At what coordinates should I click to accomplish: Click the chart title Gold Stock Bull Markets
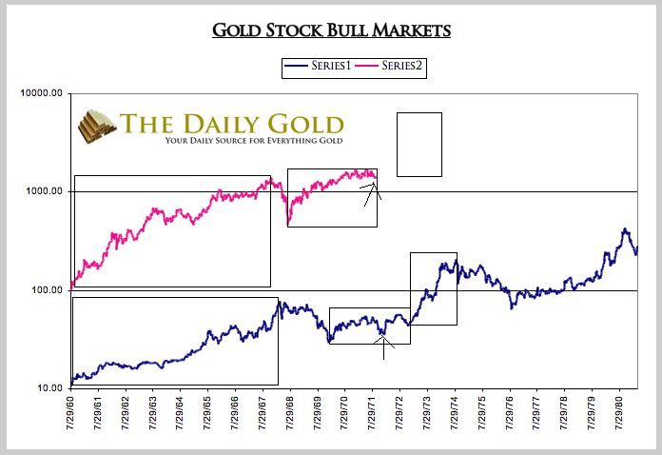[330, 30]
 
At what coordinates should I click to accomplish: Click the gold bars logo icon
[96, 127]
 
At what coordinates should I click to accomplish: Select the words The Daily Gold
[232, 123]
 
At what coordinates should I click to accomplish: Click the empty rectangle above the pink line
[419, 144]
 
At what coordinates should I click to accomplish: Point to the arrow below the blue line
[383, 345]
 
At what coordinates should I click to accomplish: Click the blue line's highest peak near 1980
[625, 229]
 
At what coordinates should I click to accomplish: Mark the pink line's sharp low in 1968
[289, 225]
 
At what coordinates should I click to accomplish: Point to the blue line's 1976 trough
[512, 307]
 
